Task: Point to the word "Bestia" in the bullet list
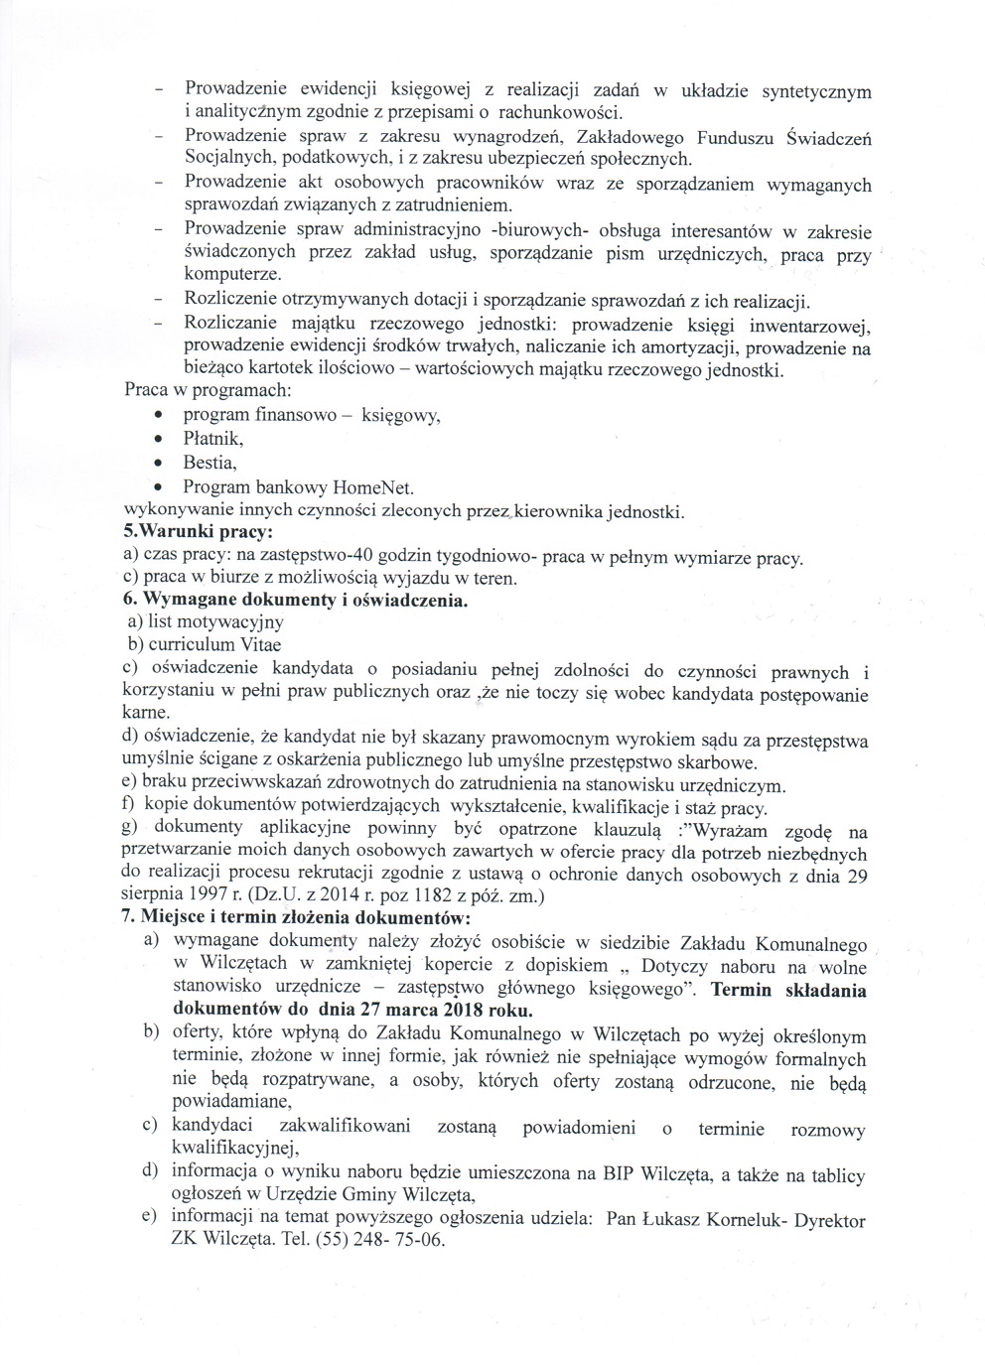pyautogui.click(x=209, y=463)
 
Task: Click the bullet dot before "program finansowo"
pyautogui.click(x=159, y=415)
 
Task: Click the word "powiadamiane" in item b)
pyautogui.click(x=230, y=1102)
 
